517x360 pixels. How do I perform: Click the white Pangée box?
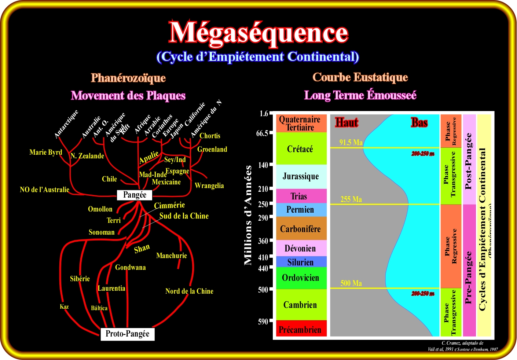tap(135, 195)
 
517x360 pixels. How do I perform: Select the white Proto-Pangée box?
tap(127, 334)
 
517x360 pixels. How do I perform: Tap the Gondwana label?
tap(130, 268)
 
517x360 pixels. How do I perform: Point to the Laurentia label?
tap(111, 289)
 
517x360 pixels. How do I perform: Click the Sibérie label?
tap(80, 279)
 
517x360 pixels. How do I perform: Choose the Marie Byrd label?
tap(46, 152)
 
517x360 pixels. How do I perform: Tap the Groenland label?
tap(212, 150)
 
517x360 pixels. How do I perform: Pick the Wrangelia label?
tap(209, 186)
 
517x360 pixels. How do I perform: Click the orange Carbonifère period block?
tap(300, 229)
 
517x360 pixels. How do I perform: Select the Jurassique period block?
tap(301, 176)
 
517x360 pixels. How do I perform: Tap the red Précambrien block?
tap(300, 330)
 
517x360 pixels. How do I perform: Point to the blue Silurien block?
tap(300, 262)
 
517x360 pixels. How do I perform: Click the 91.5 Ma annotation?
tap(351, 143)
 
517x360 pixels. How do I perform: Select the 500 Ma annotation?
tap(351, 283)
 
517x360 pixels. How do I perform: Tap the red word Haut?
tap(346, 122)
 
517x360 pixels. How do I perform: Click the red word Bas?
tap(419, 122)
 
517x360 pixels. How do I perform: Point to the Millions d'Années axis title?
tap(248, 215)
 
